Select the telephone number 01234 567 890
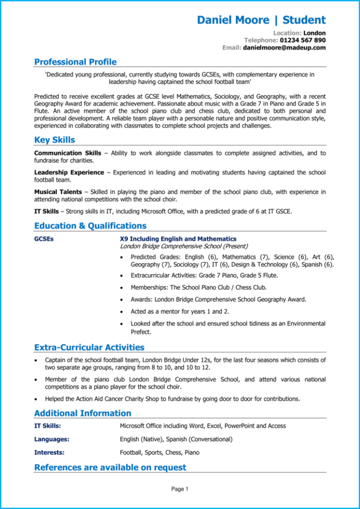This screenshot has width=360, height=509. coord(303,40)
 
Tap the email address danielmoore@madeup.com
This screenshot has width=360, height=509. coord(284,48)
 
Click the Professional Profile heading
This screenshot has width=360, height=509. coord(76,62)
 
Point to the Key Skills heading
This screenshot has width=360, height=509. coord(55,140)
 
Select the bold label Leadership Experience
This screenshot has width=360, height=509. coord(69,172)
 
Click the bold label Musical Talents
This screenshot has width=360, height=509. coord(58,192)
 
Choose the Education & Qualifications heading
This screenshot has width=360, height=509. coord(90,226)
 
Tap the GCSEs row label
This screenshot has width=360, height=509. coord(44,239)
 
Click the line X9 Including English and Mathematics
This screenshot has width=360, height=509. coord(178,239)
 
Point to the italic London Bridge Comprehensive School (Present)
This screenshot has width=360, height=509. coord(184,246)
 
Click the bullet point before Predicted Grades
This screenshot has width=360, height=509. coord(122,257)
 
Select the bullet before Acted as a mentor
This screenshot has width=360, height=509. coord(122,312)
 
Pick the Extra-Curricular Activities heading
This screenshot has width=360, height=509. coord(89,347)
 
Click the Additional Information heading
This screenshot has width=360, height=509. coord(83,414)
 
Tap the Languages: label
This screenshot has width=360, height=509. coord(52,439)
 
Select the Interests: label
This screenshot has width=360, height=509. coord(49,453)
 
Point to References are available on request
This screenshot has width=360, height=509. coord(110,468)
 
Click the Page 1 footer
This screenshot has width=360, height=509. coord(180,490)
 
